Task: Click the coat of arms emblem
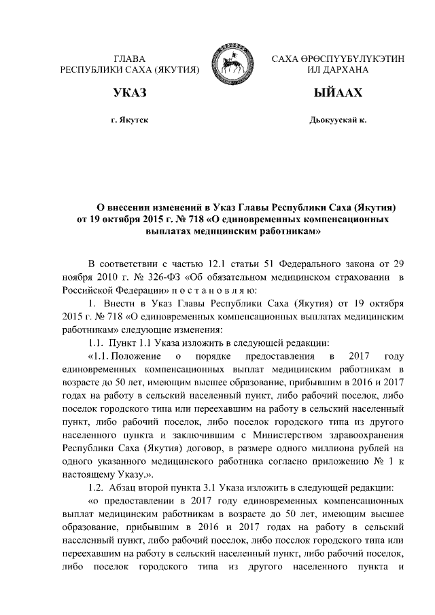click(x=235, y=60)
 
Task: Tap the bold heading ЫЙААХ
click(x=334, y=92)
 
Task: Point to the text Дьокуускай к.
click(x=337, y=120)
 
